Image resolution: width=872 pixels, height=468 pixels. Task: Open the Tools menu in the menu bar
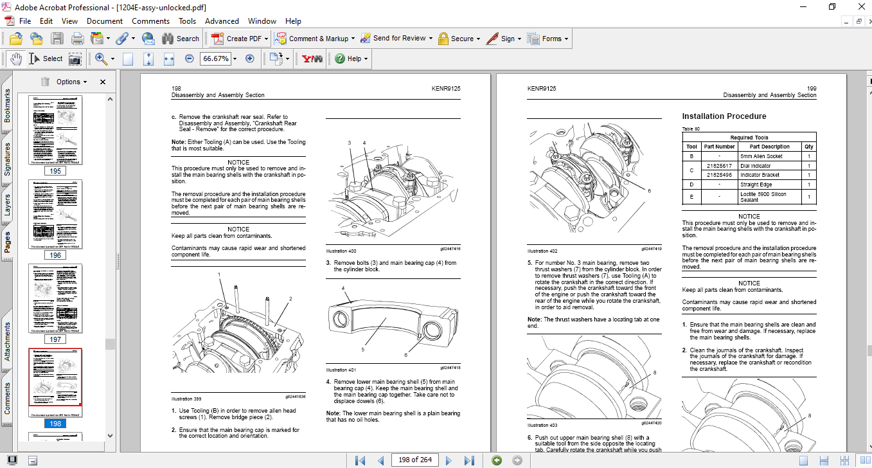[x=187, y=21]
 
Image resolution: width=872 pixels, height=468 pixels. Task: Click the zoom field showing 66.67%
[x=215, y=59]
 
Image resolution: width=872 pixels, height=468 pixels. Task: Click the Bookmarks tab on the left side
[x=7, y=105]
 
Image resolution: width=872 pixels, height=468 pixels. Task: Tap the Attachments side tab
[x=7, y=341]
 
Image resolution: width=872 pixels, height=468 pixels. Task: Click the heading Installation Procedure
[x=724, y=116]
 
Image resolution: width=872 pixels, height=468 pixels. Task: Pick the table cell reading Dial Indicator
[x=755, y=166]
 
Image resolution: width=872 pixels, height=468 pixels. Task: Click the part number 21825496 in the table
[x=718, y=175]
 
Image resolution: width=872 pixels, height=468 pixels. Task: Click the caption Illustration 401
[x=341, y=370]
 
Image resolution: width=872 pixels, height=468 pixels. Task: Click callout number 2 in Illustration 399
[x=290, y=299]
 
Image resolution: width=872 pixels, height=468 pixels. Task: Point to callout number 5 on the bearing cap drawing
[x=362, y=349]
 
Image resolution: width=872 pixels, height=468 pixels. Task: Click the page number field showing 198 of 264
[x=414, y=460]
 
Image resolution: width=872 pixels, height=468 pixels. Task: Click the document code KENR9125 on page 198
[x=446, y=89]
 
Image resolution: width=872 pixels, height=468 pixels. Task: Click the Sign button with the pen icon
[x=503, y=39]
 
